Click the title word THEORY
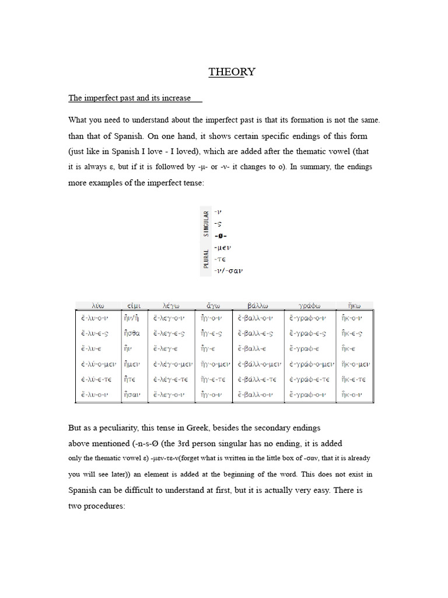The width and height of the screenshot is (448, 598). pos(232,72)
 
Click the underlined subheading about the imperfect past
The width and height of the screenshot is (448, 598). pos(129,98)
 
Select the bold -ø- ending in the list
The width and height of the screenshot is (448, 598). pos(220,236)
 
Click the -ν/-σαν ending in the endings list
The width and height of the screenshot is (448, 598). pos(228,270)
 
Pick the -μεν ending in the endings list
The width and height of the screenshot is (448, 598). pos(223,248)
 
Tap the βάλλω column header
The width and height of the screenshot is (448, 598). pos(258,305)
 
